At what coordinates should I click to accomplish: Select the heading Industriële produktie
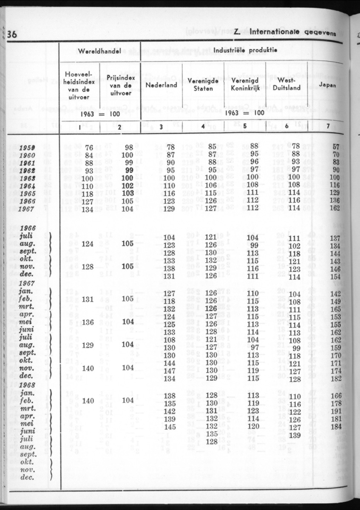(245, 50)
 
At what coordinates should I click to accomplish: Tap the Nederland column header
(161, 85)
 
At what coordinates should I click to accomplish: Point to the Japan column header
(328, 85)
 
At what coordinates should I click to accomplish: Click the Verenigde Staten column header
(203, 85)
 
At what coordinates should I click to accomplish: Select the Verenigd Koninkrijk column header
(245, 85)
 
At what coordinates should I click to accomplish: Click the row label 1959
(27, 147)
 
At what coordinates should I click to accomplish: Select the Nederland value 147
(169, 371)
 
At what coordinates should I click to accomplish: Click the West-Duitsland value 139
(295, 435)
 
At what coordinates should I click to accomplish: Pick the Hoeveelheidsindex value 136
(87, 322)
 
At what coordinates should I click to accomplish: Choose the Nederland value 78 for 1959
(170, 147)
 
